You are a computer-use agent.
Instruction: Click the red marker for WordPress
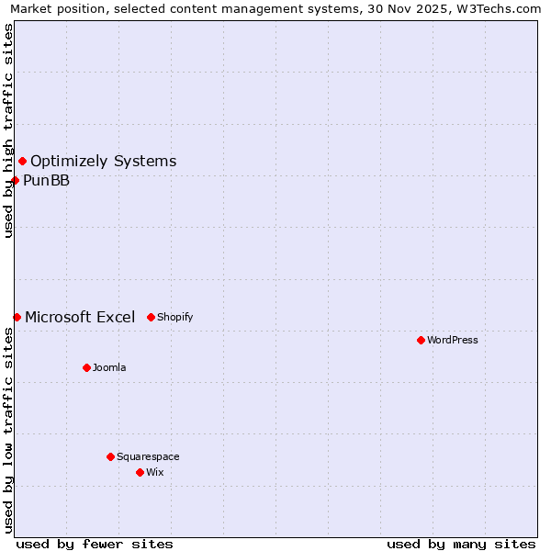421,340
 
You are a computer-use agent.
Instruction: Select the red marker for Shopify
151,317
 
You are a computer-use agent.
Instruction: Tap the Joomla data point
86,367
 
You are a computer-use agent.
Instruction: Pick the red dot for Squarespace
110,456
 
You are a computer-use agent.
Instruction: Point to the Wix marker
140,472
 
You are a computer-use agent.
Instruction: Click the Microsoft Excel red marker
17,317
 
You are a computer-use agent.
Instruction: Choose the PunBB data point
15,180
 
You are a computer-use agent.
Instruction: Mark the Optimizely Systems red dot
22,162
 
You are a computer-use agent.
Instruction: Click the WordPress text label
453,340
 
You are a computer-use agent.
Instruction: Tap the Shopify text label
175,317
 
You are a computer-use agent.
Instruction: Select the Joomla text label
109,367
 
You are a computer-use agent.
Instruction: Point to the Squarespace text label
148,456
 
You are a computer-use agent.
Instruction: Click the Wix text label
155,472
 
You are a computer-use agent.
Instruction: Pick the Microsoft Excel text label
80,317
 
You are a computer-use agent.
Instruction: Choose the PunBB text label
46,180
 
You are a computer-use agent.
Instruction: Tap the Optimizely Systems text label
103,162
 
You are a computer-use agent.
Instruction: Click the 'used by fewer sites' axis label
95,544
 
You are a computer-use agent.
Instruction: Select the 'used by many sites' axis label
461,544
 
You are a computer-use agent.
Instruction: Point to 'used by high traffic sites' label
8,130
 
